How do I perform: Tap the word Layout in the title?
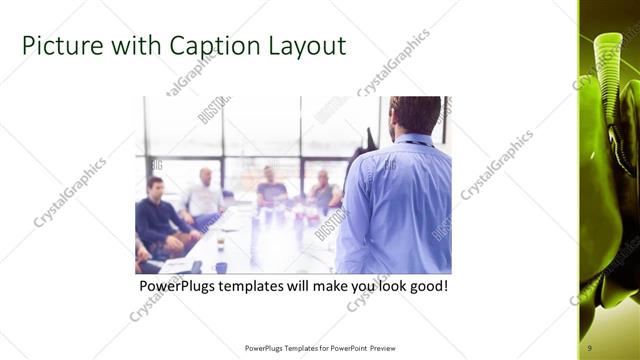[x=300, y=46]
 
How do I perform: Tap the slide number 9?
[x=590, y=347]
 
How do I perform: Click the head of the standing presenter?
[x=415, y=115]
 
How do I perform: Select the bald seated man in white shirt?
[x=205, y=195]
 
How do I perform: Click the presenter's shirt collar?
[x=410, y=140]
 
